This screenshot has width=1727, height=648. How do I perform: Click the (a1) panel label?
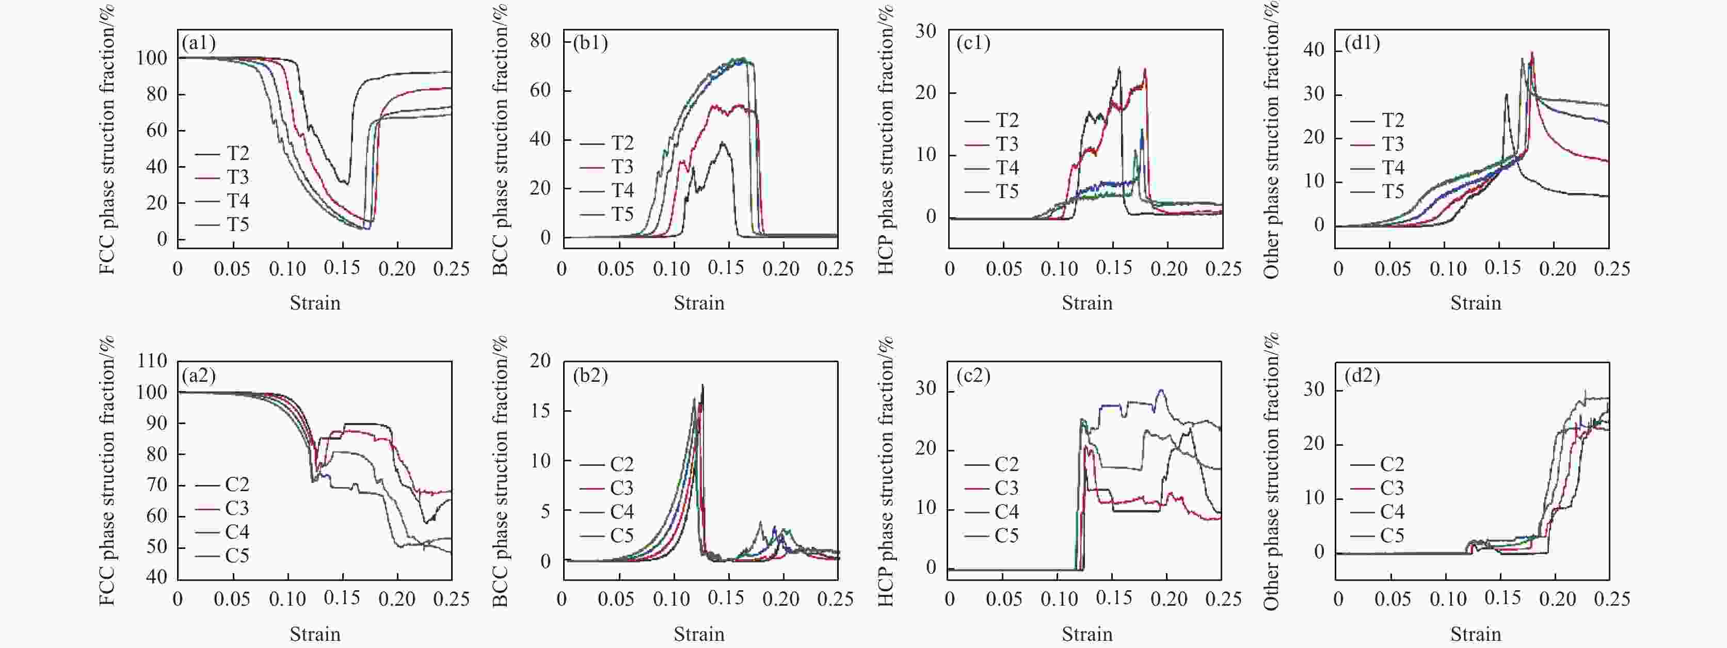point(198,43)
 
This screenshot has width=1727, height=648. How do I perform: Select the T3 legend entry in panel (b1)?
point(607,167)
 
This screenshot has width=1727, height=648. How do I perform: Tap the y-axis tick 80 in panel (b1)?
point(540,41)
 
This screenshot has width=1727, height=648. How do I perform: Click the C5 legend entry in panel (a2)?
point(222,556)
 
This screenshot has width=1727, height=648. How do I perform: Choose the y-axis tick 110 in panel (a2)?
point(152,361)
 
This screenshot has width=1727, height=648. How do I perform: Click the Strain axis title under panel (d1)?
point(1476,303)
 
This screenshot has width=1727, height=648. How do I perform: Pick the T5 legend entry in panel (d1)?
point(1377,191)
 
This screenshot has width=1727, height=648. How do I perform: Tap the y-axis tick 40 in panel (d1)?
point(1314,50)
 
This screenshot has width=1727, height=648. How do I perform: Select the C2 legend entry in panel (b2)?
point(607,464)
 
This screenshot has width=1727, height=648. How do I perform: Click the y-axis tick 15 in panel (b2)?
point(540,411)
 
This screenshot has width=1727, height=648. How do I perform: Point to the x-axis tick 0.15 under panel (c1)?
point(1113,268)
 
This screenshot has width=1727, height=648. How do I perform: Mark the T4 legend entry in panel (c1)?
point(992,168)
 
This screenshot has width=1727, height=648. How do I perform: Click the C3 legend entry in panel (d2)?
point(1377,488)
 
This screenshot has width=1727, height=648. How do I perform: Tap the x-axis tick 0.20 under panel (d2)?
point(1557,598)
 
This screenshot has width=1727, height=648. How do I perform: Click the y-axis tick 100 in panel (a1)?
point(152,58)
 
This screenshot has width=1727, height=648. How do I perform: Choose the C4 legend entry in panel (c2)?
point(992,512)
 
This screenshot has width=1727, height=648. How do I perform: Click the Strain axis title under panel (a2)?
point(315,634)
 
